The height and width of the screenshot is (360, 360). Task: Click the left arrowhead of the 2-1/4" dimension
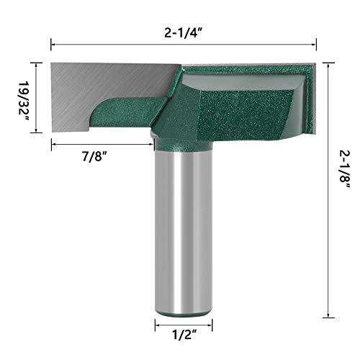[x=53, y=45]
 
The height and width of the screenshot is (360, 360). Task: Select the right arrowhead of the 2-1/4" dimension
[x=315, y=45]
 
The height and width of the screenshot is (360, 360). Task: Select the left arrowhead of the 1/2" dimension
[x=156, y=325]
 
